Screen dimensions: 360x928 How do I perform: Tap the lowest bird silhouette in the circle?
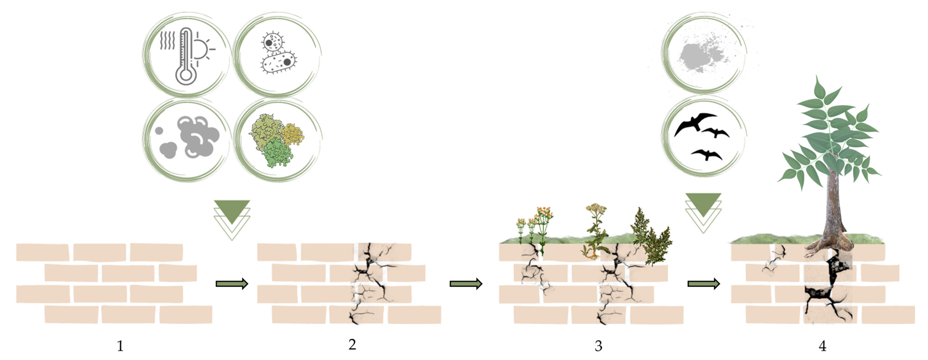706,154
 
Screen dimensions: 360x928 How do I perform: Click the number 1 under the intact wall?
120,346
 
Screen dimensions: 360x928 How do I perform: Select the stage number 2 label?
352,345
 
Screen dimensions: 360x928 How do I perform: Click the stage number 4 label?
822,346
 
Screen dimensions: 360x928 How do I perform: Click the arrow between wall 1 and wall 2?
232,284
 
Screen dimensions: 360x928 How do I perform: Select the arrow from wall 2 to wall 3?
465,284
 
